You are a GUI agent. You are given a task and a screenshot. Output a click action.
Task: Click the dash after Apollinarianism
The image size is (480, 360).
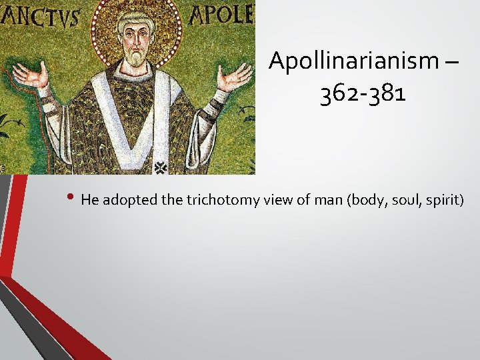coord(450,62)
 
